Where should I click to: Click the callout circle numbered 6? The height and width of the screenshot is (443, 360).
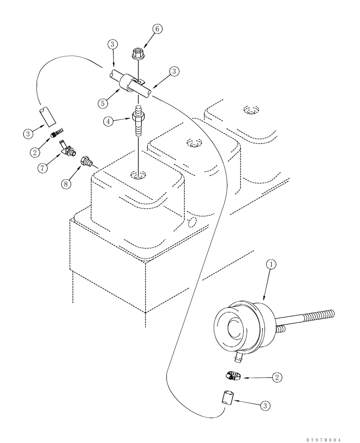pyautogui.click(x=157, y=29)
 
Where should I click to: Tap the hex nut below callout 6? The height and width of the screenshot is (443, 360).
pyautogui.click(x=137, y=54)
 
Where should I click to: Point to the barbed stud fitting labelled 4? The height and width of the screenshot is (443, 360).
pyautogui.click(x=137, y=122)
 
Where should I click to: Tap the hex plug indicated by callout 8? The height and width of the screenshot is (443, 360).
pyautogui.click(x=86, y=161)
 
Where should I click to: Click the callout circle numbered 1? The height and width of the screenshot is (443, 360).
pyautogui.click(x=271, y=264)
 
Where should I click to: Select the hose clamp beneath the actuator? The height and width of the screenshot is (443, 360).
pyautogui.click(x=233, y=376)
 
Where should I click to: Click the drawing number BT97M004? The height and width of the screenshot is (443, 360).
pyautogui.click(x=324, y=439)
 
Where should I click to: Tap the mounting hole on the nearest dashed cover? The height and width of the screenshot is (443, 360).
pyautogui.click(x=138, y=176)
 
